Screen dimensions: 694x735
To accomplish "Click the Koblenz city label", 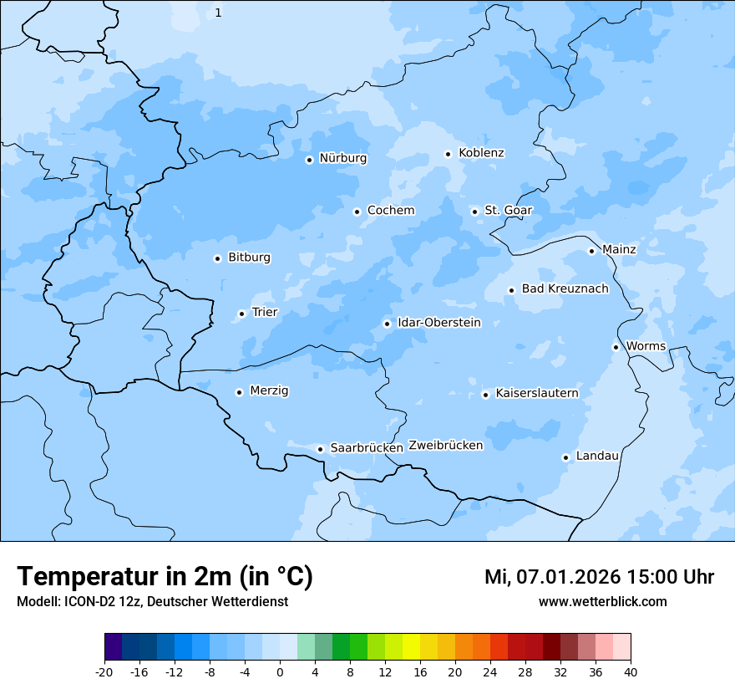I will click(x=481, y=153).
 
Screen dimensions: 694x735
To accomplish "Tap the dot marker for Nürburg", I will click(x=309, y=160).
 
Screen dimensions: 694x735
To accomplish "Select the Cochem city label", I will click(x=390, y=211).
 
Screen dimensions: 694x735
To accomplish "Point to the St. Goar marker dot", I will click(x=474, y=212).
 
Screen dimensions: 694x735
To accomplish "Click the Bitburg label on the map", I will click(x=249, y=258).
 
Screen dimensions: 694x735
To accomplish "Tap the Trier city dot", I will click(x=241, y=314).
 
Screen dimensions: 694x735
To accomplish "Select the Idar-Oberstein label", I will click(x=438, y=323).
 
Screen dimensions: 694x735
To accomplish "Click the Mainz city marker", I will click(x=591, y=251).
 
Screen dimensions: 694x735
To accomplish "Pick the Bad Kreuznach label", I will click(x=565, y=288).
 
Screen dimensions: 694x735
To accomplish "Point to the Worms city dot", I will click(x=616, y=347).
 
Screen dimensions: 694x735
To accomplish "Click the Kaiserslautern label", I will click(x=536, y=393).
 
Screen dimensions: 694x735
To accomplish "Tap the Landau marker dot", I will click(x=565, y=457).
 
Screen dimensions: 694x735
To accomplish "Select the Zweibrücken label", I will click(x=445, y=446).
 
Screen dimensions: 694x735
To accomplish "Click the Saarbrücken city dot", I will click(x=320, y=449).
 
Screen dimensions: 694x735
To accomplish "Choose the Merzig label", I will click(x=269, y=390).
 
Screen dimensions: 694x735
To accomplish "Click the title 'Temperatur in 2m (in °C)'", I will click(x=165, y=577).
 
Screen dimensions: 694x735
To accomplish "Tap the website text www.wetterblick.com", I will click(x=602, y=601).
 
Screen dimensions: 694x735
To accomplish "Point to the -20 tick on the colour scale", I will click(x=104, y=671).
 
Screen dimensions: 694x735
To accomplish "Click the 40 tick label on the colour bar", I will click(x=631, y=671).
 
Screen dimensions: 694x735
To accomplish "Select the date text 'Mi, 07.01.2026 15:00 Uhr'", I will click(x=599, y=577).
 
